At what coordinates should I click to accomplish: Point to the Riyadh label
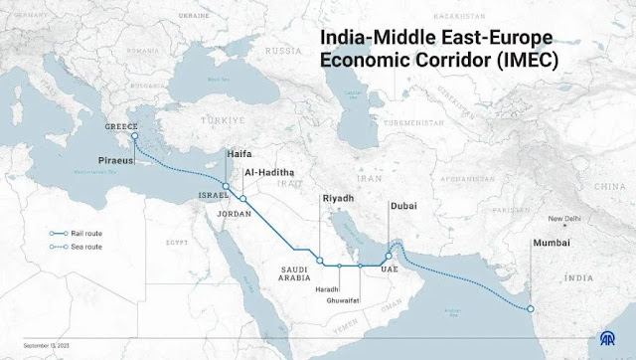(x=338, y=199)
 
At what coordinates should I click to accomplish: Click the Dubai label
(x=403, y=207)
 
